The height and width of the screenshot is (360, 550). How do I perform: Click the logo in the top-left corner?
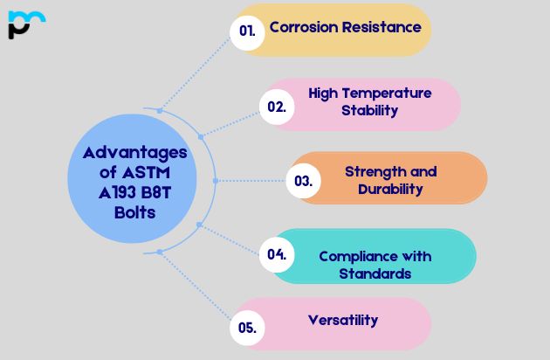[x=24, y=24]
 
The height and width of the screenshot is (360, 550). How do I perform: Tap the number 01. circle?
[x=247, y=31]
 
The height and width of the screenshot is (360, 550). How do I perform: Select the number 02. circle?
[x=276, y=107]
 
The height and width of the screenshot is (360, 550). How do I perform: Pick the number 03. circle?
[x=303, y=182]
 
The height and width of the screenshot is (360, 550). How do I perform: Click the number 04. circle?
[x=277, y=255]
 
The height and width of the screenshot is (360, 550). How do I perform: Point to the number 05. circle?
[x=247, y=329]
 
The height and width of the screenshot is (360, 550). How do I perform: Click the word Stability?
[x=370, y=110]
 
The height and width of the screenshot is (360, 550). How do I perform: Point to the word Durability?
[x=390, y=189]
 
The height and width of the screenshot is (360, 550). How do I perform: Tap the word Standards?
[x=375, y=273]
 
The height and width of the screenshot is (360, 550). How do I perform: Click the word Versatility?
[x=343, y=320]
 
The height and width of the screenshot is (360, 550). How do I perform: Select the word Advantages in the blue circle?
[x=135, y=153]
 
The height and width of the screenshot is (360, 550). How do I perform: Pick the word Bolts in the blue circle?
[x=134, y=212]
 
